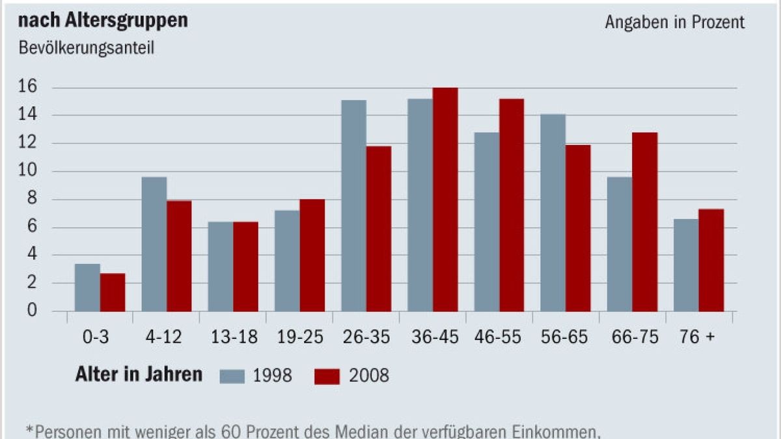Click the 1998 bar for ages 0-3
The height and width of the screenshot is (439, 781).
[87, 287]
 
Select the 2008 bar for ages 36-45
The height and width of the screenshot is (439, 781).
[445, 200]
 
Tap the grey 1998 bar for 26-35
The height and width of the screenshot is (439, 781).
[353, 206]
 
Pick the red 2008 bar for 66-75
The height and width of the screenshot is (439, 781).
[644, 222]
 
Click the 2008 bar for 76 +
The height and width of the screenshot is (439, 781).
[711, 260]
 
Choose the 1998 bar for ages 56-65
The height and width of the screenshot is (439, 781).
[553, 213]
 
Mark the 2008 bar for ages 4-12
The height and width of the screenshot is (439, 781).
[179, 256]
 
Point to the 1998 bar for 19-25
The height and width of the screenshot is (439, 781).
[287, 261]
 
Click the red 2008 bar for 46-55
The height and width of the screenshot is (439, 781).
[512, 205]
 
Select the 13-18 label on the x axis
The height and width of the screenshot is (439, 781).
[233, 337]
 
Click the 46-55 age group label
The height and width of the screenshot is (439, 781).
[499, 337]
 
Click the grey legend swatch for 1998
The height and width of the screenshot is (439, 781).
[232, 376]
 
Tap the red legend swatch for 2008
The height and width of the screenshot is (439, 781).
[327, 376]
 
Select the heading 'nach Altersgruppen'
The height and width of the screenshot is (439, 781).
[103, 21]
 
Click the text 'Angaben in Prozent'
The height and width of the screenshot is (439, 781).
[674, 22]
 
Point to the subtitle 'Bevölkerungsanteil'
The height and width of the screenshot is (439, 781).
[87, 49]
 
